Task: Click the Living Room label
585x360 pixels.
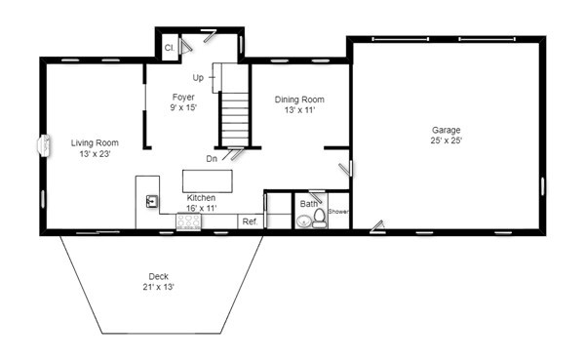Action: click(x=94, y=142)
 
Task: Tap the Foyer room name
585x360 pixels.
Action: click(x=183, y=97)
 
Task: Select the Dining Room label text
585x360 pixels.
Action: click(x=298, y=100)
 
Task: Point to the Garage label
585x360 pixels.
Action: click(x=447, y=130)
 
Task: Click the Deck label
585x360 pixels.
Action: click(x=159, y=276)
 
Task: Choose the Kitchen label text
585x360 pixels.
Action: click(x=201, y=198)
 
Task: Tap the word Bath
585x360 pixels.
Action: click(x=308, y=204)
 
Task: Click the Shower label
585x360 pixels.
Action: click(x=338, y=212)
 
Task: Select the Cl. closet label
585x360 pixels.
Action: click(x=169, y=47)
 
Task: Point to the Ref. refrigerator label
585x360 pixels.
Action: click(x=250, y=221)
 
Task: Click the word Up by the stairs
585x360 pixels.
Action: click(x=198, y=76)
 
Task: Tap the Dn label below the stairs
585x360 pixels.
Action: click(x=212, y=157)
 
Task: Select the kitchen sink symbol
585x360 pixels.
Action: click(x=152, y=202)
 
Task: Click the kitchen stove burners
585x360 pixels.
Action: click(x=188, y=222)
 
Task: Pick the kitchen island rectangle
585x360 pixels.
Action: click(x=210, y=180)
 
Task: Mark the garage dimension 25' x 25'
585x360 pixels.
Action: click(x=447, y=140)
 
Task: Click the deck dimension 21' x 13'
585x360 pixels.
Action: click(x=159, y=287)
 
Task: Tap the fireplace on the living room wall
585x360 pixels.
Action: click(x=43, y=145)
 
